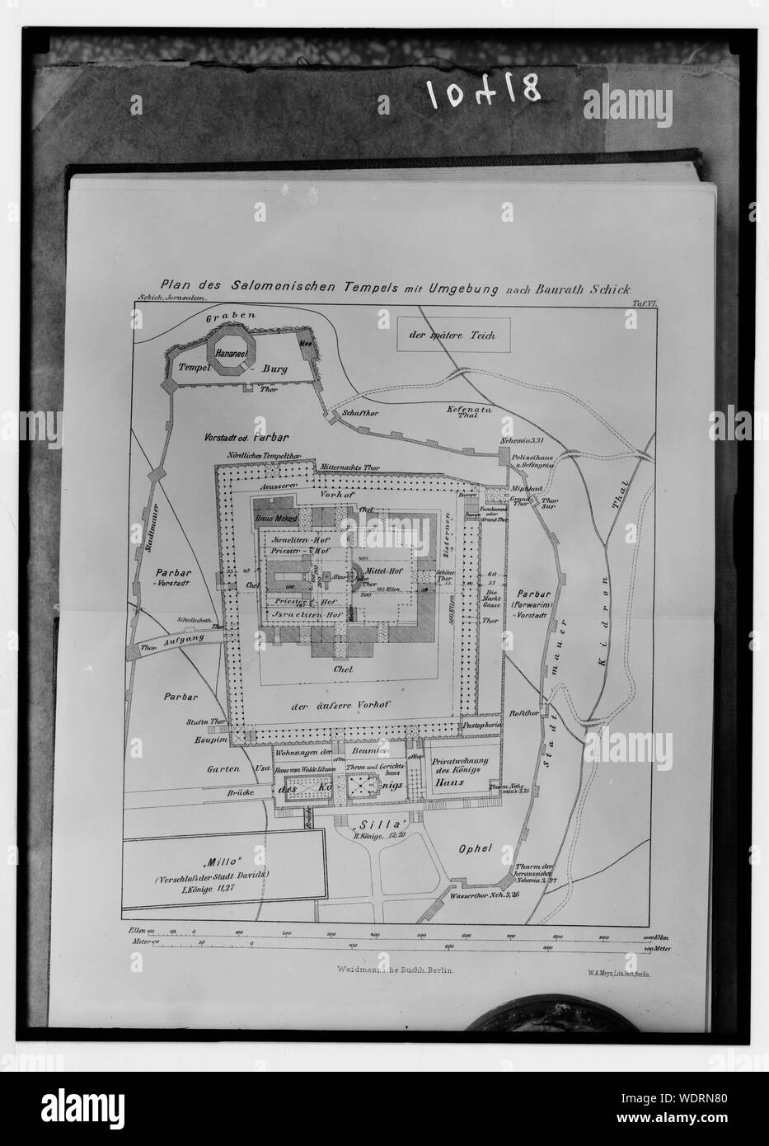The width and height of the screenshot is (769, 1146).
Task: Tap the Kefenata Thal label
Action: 465,411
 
